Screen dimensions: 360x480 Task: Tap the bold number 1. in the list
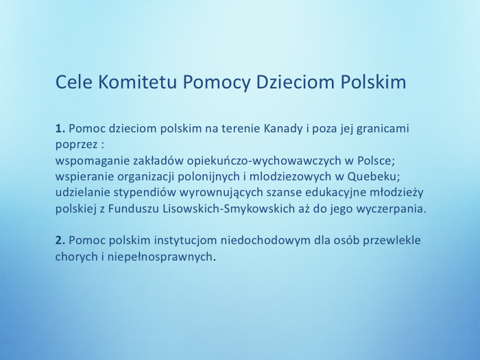point(60,128)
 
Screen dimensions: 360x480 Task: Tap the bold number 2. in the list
point(60,241)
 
